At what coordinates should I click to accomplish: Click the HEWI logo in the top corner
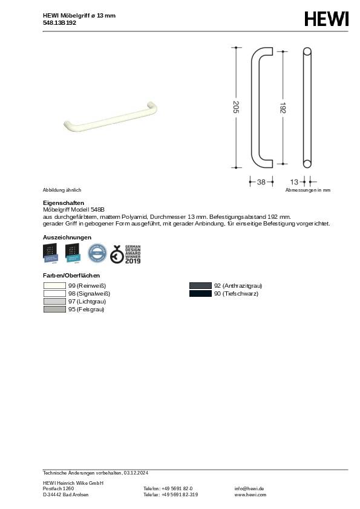point(326,20)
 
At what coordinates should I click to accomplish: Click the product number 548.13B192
point(60,22)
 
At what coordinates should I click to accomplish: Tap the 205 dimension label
point(236,107)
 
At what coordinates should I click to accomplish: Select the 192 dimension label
point(283,108)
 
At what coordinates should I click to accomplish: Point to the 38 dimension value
point(261,181)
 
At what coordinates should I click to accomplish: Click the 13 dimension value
point(294,181)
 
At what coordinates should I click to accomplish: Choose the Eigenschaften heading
point(64,203)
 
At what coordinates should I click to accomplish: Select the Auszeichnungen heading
point(67,237)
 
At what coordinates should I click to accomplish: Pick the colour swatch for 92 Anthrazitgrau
point(200,285)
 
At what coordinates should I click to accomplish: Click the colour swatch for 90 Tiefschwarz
point(200,294)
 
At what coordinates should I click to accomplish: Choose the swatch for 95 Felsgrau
point(55,310)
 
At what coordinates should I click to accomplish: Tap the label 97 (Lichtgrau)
point(87,301)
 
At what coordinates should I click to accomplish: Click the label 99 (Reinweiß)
point(87,285)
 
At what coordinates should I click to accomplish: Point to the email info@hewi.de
point(249,488)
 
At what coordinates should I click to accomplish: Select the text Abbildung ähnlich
point(62,190)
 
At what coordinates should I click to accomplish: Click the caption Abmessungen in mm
point(308,190)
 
